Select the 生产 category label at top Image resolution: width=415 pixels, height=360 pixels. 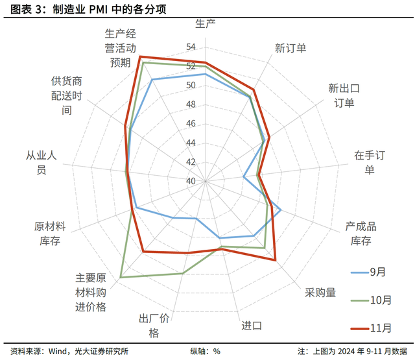click(x=206, y=24)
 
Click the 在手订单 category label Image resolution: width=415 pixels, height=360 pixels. click(x=369, y=162)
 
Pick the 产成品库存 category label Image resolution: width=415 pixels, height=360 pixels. click(x=361, y=234)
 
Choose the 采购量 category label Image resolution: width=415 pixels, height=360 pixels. click(x=320, y=293)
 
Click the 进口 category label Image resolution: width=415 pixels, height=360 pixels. click(x=252, y=325)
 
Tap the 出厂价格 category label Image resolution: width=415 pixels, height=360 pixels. click(x=154, y=326)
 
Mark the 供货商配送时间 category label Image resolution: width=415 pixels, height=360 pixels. click(x=67, y=95)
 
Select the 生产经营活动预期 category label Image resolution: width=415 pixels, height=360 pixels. click(x=121, y=47)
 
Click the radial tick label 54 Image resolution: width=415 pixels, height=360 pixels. click(x=191, y=47)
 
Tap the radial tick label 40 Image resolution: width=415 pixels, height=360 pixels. click(x=191, y=180)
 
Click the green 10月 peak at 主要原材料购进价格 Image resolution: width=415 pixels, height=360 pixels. click(x=121, y=278)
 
